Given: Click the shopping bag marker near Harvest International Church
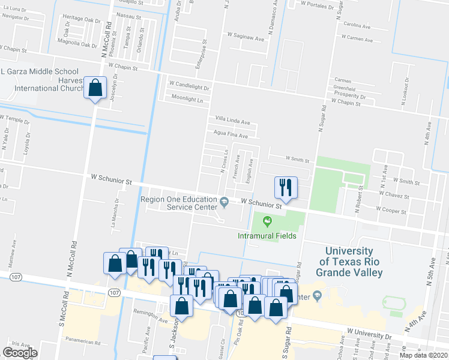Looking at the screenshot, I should pyautogui.click(x=95, y=89).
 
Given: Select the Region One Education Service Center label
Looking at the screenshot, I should pyautogui.click(x=179, y=203).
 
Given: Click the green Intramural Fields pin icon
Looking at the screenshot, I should pyautogui.click(x=267, y=223).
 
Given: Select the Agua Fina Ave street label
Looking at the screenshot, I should pyautogui.click(x=231, y=136).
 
